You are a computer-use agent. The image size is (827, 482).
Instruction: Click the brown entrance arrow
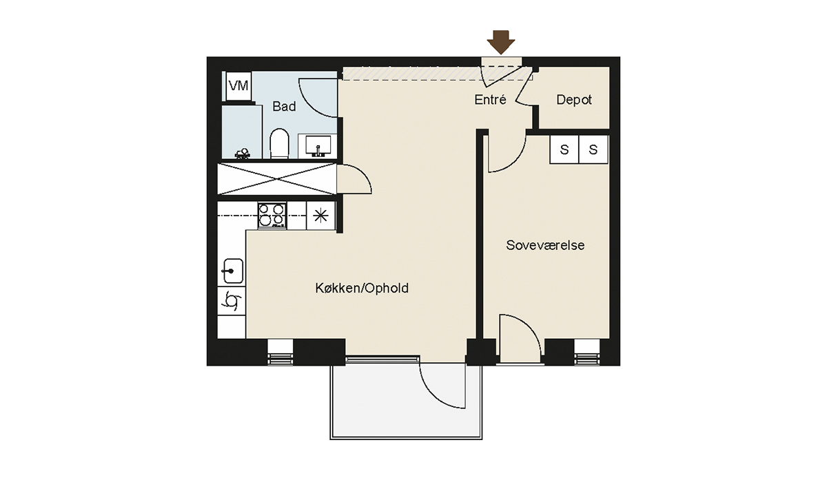pyautogui.click(x=500, y=42)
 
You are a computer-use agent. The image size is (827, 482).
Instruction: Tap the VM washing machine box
pyautogui.click(x=238, y=86)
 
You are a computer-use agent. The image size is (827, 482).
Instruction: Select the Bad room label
pyautogui.click(x=284, y=107)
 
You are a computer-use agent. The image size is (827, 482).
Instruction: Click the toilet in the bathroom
pyautogui.click(x=279, y=143)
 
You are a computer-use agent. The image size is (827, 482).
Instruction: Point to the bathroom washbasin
pyautogui.click(x=317, y=146)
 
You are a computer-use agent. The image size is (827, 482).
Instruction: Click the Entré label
pyautogui.click(x=490, y=100)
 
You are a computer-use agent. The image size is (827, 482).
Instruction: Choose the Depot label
pyautogui.click(x=573, y=100)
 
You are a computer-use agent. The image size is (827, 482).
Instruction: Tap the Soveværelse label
pyautogui.click(x=545, y=245)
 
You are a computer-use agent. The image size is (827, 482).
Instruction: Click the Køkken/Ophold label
pyautogui.click(x=362, y=288)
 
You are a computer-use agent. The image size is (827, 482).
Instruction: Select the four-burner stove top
pyautogui.click(x=272, y=215)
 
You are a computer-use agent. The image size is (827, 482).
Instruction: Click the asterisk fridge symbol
pyautogui.click(x=320, y=216)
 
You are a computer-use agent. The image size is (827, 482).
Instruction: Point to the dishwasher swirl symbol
pyautogui.click(x=232, y=301)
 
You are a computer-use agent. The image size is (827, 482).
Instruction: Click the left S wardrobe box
pyautogui.click(x=564, y=149)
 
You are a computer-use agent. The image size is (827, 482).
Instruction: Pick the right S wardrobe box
pyautogui.click(x=593, y=149)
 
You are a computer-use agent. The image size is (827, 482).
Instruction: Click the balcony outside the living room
pyautogui.click(x=406, y=401)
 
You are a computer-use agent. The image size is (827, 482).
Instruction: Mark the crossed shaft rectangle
pyautogui.click(x=277, y=179)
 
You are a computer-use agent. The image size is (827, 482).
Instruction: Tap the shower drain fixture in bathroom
pyautogui.click(x=243, y=154)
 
